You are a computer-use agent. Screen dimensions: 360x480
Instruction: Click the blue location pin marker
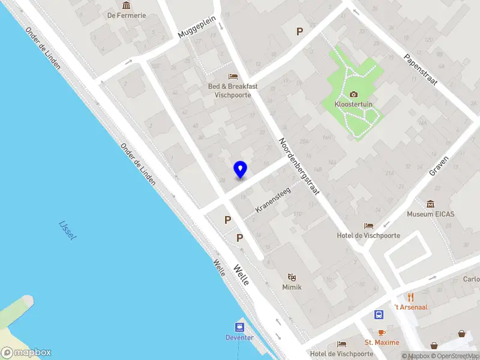(240, 169)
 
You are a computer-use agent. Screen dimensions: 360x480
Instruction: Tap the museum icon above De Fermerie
(127, 5)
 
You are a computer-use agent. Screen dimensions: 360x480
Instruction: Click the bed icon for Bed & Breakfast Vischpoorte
(233, 76)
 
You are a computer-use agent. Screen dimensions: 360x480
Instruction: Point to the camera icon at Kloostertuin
(354, 94)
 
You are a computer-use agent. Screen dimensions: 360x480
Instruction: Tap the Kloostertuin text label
(354, 104)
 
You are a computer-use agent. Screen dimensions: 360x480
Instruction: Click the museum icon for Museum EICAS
(430, 204)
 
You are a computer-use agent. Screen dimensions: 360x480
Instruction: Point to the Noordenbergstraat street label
(299, 168)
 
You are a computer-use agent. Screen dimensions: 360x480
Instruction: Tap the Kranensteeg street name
(273, 200)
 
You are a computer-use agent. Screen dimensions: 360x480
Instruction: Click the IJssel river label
(68, 230)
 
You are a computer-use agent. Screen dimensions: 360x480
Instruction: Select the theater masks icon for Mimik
(292, 277)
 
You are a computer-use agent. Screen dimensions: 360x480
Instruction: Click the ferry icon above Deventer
(239, 327)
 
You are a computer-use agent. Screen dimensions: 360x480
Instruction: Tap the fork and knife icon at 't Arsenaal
(410, 297)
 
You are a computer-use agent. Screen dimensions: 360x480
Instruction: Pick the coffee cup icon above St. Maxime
(382, 332)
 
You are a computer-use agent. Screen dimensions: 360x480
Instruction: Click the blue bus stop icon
(379, 314)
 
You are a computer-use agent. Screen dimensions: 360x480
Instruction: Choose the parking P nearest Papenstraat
(299, 31)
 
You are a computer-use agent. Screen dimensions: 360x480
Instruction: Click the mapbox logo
(26, 353)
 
